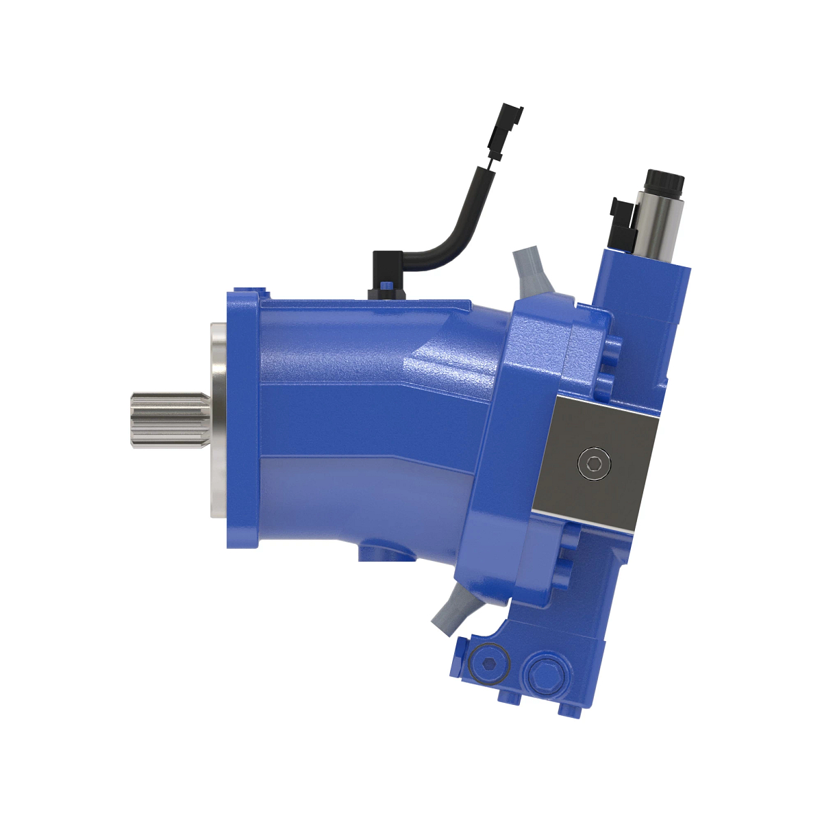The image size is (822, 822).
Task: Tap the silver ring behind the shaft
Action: click(x=219, y=419)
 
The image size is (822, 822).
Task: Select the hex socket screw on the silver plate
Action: click(x=593, y=464)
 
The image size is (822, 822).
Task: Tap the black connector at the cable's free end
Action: click(x=507, y=123)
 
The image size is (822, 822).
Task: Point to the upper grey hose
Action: click(x=532, y=271)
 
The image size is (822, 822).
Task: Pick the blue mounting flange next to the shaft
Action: click(x=243, y=419)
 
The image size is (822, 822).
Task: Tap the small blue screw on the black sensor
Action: click(x=388, y=286)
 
